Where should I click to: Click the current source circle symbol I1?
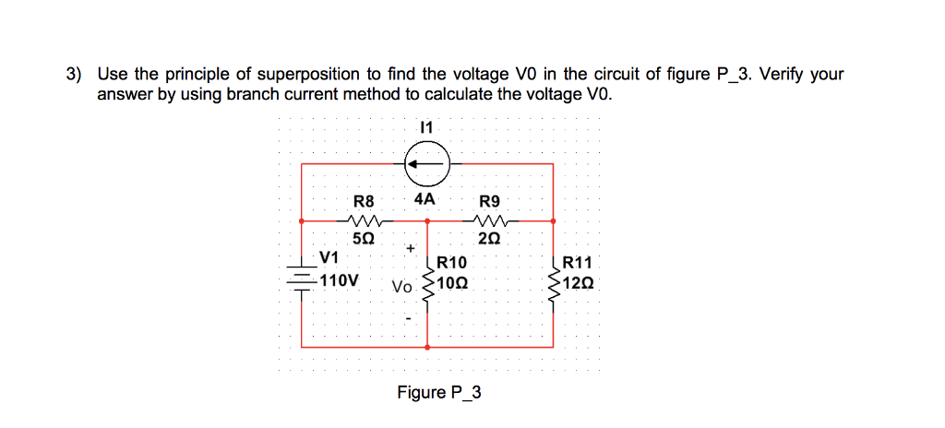point(426,164)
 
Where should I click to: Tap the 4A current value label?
point(425,198)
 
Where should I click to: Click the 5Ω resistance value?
point(365,237)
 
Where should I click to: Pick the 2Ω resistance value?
point(489,237)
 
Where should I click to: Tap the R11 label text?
point(579,264)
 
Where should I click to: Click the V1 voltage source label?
point(329,256)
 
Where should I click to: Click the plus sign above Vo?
point(410,249)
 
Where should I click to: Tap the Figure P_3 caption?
point(439,393)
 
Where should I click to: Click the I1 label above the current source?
point(426,126)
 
